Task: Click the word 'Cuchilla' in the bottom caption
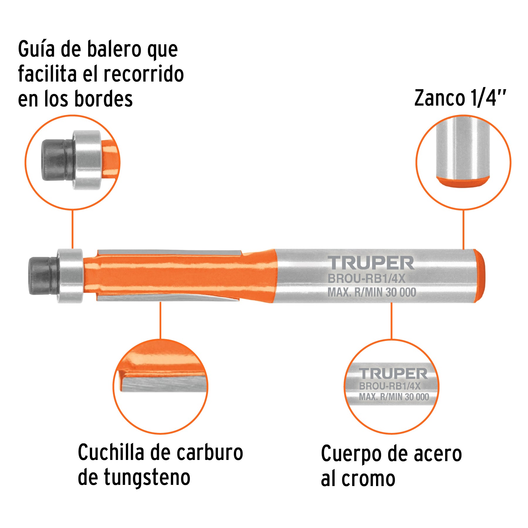point(111,452)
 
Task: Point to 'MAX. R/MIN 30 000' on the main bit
point(372,292)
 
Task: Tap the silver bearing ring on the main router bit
point(70,276)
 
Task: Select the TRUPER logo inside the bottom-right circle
point(393,373)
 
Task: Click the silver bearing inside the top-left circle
point(87,160)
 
